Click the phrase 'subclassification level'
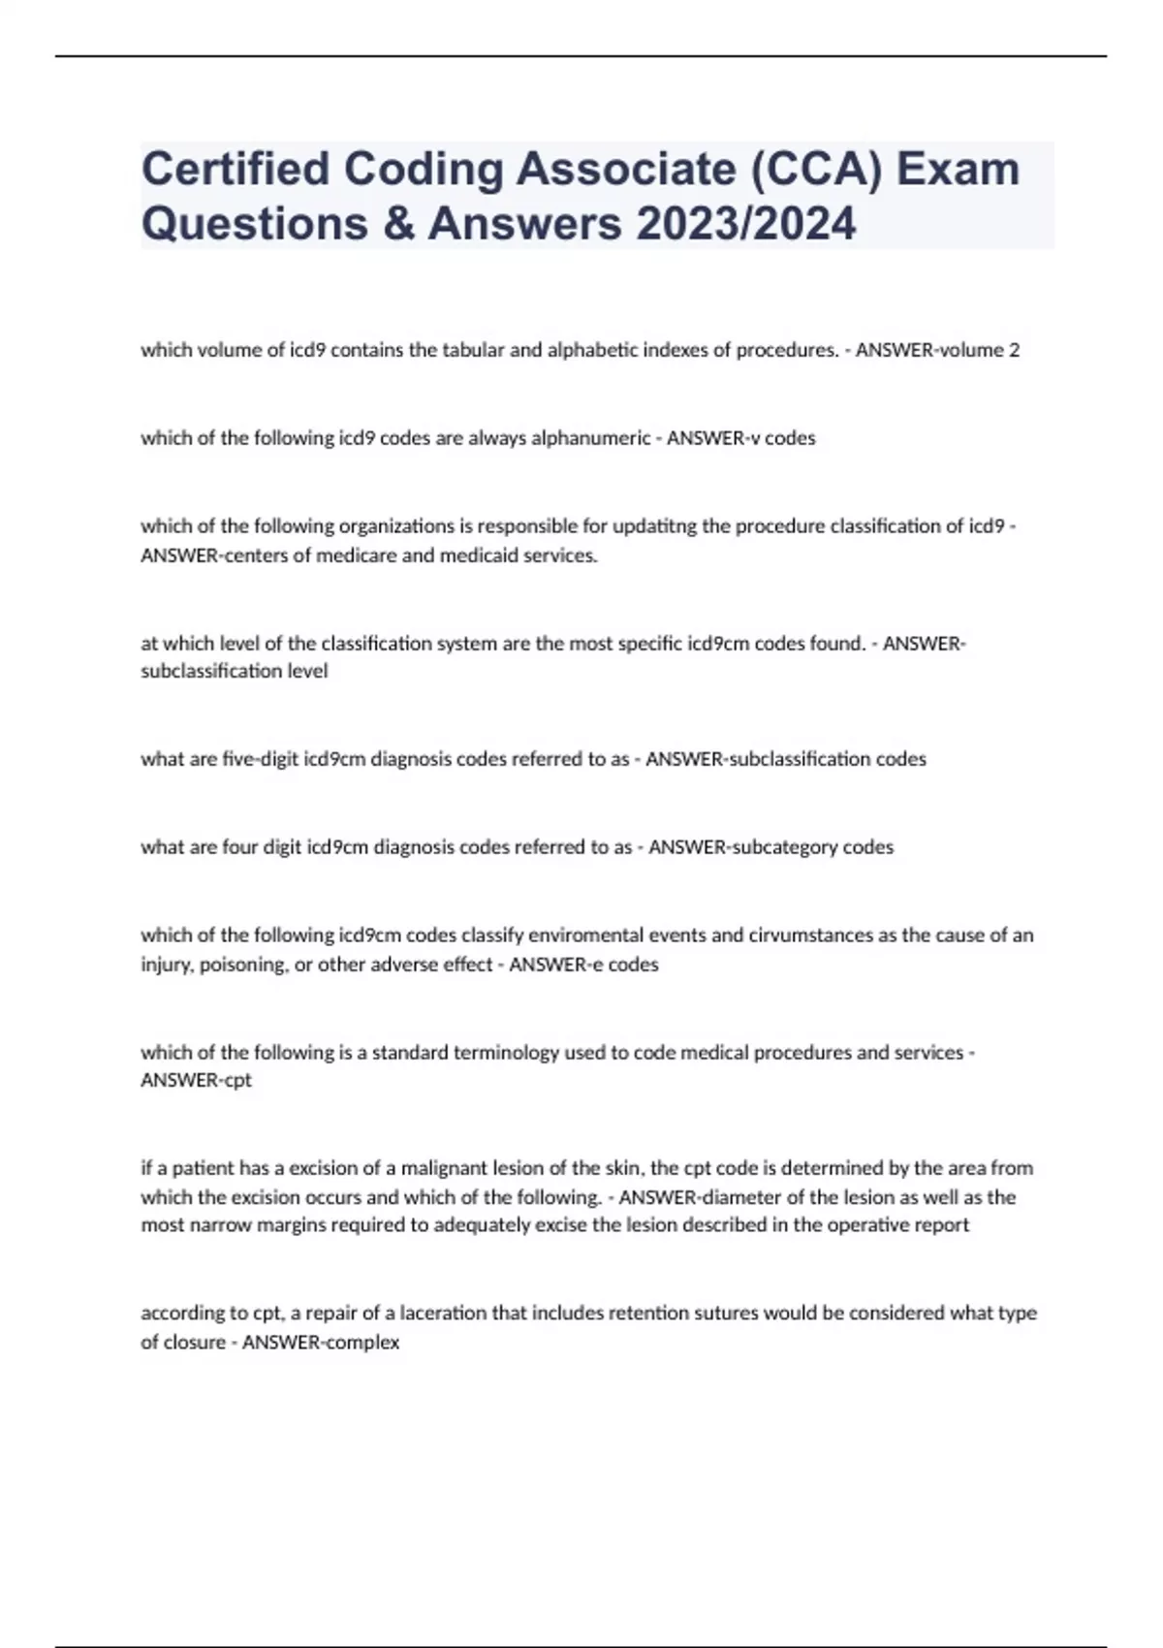coord(235,671)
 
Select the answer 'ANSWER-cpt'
coord(196,1080)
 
